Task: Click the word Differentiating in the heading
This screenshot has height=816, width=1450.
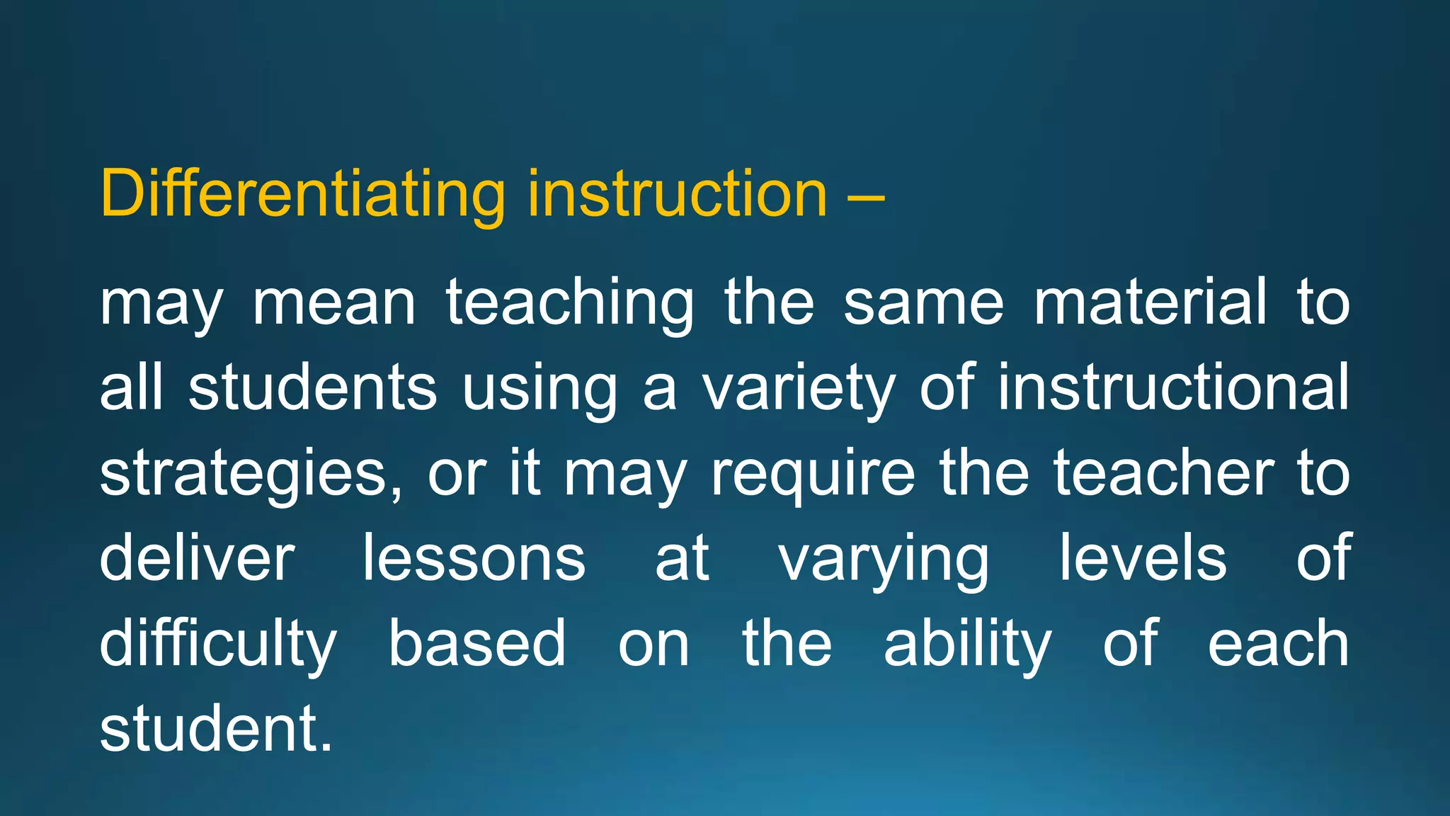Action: (303, 195)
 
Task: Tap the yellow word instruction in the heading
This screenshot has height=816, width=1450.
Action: (678, 195)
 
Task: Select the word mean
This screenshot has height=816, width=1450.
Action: (334, 305)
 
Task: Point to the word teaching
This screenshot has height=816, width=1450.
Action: (570, 305)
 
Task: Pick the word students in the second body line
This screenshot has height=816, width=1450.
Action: (313, 388)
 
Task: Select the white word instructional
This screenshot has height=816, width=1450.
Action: (1173, 388)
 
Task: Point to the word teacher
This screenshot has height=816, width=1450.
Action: (1163, 473)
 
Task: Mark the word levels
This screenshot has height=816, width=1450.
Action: (1142, 558)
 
